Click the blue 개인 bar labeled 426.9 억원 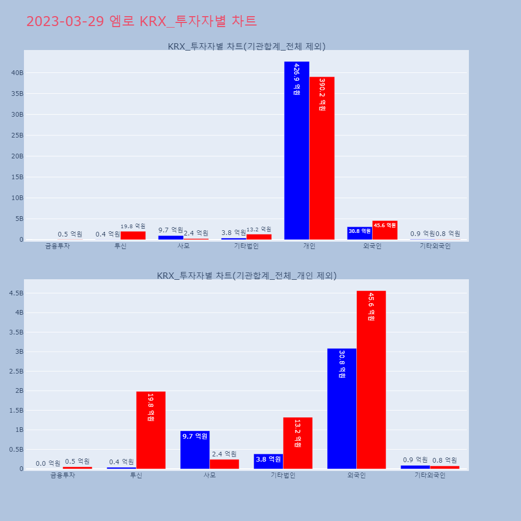coord(296,151)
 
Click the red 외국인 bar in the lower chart coord(371,380)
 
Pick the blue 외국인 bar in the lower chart coord(342,408)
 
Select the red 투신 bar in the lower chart coord(151,430)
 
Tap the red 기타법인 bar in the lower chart coord(297,443)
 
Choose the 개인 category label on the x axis coord(309,246)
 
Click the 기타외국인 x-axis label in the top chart coord(435,246)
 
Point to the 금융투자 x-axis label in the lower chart coord(63,475)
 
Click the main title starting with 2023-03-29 coord(141,21)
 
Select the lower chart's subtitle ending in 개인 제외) coord(246,276)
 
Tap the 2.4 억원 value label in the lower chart coord(224,454)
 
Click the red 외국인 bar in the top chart coord(384,230)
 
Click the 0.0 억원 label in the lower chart coord(48,463)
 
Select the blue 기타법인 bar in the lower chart coord(268,461)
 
